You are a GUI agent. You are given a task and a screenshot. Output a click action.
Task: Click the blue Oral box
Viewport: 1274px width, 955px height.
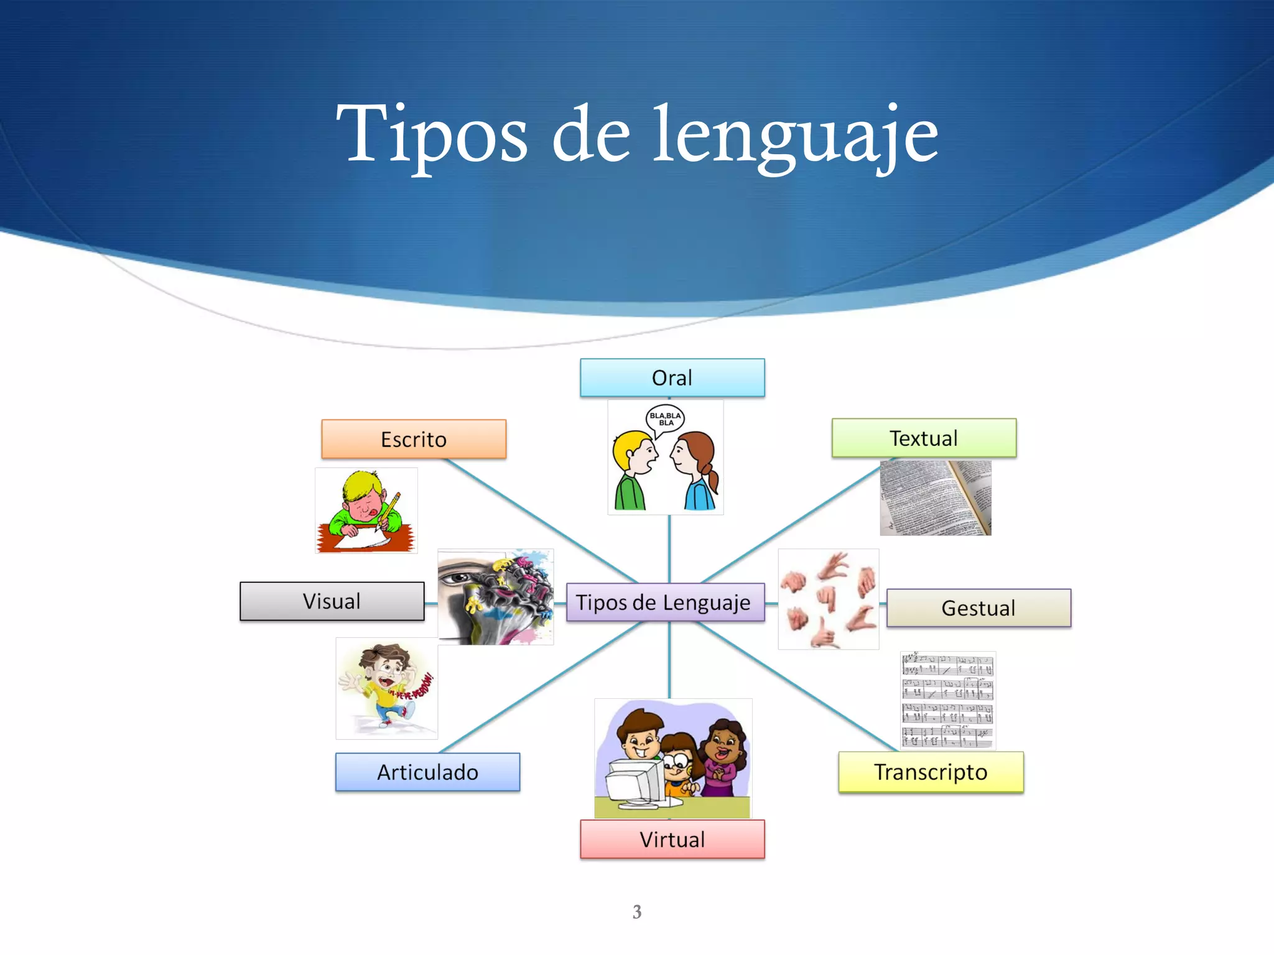(x=672, y=378)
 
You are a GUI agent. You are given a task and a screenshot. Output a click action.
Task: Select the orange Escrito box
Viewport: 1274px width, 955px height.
(x=414, y=440)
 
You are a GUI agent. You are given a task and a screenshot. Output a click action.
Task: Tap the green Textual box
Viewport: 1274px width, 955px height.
(x=924, y=438)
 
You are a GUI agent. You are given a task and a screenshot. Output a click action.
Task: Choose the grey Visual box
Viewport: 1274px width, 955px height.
(x=332, y=601)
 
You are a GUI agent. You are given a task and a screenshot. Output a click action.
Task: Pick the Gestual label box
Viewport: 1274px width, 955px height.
(x=979, y=608)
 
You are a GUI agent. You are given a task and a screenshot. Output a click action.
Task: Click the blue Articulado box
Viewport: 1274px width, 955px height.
(x=427, y=772)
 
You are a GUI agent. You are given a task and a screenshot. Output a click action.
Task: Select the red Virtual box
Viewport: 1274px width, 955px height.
(x=672, y=839)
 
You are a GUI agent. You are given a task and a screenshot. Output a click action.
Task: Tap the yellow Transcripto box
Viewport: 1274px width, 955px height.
(x=931, y=772)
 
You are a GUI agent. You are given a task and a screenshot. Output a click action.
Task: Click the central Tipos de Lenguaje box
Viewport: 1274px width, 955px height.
(x=664, y=602)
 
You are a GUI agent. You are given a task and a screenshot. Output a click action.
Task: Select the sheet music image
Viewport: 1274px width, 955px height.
(x=947, y=701)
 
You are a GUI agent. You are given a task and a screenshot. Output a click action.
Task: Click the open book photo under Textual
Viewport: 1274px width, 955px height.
(x=935, y=498)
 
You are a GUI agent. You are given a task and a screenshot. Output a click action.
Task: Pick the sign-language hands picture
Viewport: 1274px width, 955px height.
(x=828, y=599)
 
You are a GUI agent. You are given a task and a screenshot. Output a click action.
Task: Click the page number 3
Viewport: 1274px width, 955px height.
(x=637, y=912)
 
